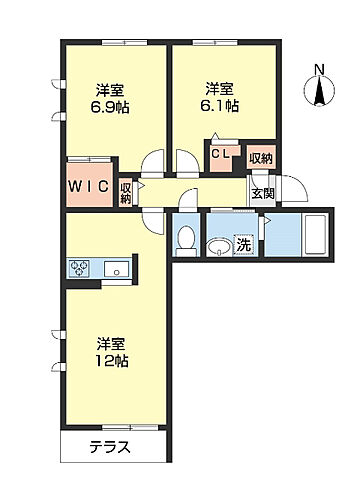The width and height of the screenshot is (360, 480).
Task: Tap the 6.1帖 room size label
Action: click(220, 103)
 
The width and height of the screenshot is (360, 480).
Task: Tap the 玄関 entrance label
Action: click(263, 194)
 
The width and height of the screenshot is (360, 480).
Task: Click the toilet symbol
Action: click(186, 238)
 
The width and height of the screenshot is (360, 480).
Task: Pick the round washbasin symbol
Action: click(217, 245)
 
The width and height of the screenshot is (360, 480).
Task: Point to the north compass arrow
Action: click(319, 93)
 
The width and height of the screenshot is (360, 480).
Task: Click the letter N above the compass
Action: click(319, 68)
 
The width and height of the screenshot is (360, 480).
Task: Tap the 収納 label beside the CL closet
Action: click(260, 157)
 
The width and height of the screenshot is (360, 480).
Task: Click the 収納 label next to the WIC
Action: click(126, 193)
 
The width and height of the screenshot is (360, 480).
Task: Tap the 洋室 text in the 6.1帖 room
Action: click(220, 86)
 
